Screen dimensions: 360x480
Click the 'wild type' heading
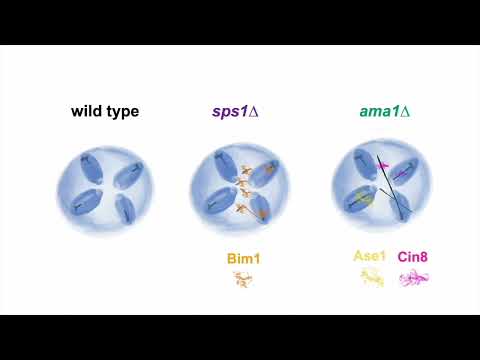click(x=104, y=111)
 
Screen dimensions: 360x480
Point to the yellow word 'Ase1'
click(x=370, y=256)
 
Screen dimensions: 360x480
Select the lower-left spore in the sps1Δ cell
click(x=222, y=204)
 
